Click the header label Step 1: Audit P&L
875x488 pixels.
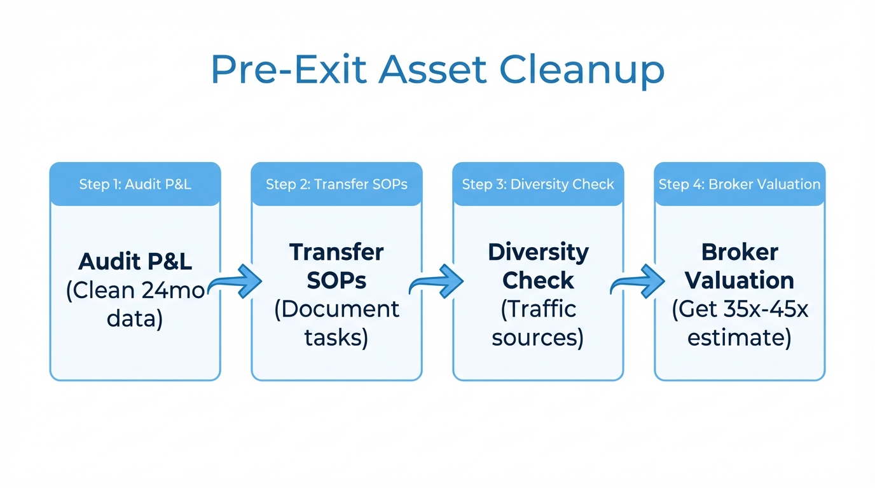135,185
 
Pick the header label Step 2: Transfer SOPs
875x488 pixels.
336,185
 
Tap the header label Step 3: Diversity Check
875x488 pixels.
538,185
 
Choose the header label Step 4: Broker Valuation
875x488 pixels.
740,185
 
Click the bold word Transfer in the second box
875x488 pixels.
336,252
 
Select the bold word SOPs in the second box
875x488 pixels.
336,280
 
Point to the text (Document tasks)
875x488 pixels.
336,323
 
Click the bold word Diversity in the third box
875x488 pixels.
538,252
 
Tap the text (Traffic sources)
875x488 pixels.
538,323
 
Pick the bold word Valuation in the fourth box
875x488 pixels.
740,280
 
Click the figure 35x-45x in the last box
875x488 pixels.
766,309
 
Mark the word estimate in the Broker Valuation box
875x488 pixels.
740,337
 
